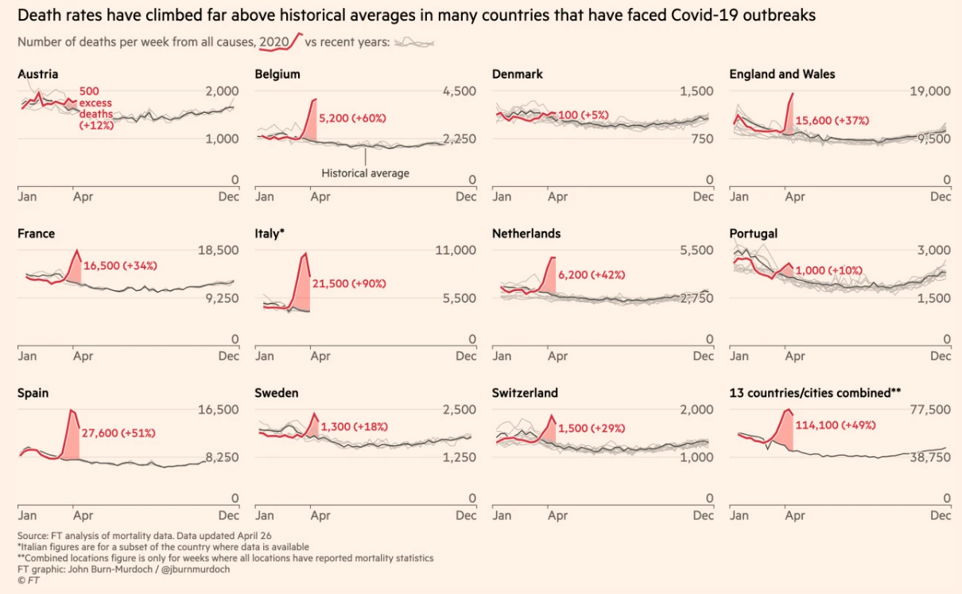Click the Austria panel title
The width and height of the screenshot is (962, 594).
37,74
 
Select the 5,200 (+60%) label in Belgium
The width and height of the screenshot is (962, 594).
351,118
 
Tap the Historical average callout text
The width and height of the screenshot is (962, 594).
365,173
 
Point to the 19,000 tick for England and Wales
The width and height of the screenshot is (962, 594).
929,91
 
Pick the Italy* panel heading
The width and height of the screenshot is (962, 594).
270,234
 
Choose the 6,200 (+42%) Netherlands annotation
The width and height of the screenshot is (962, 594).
592,274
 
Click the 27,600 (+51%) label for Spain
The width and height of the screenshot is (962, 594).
118,433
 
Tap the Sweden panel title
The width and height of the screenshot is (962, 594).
276,393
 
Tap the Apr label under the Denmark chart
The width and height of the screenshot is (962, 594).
557,196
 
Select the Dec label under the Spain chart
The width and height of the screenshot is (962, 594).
229,515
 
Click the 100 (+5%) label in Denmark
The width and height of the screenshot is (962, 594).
583,115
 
